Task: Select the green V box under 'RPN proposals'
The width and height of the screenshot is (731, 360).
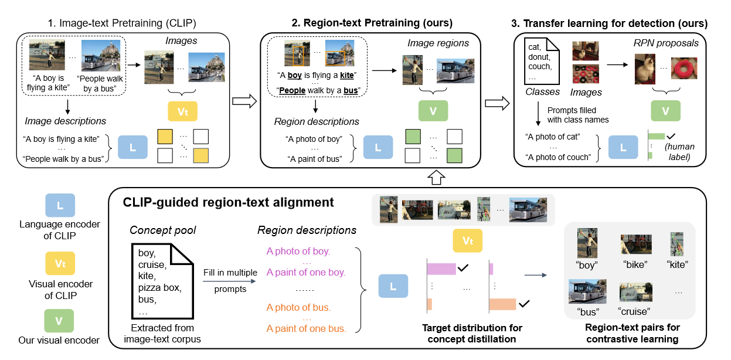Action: pos(664,111)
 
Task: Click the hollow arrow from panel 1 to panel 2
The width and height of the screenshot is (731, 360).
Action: pos(244,101)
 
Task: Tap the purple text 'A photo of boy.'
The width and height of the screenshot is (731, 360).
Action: pos(298,252)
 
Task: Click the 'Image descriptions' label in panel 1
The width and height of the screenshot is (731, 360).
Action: pos(66,121)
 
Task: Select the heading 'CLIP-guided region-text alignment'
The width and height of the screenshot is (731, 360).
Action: pos(228,203)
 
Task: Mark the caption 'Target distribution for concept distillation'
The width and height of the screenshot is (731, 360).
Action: pos(472,333)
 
